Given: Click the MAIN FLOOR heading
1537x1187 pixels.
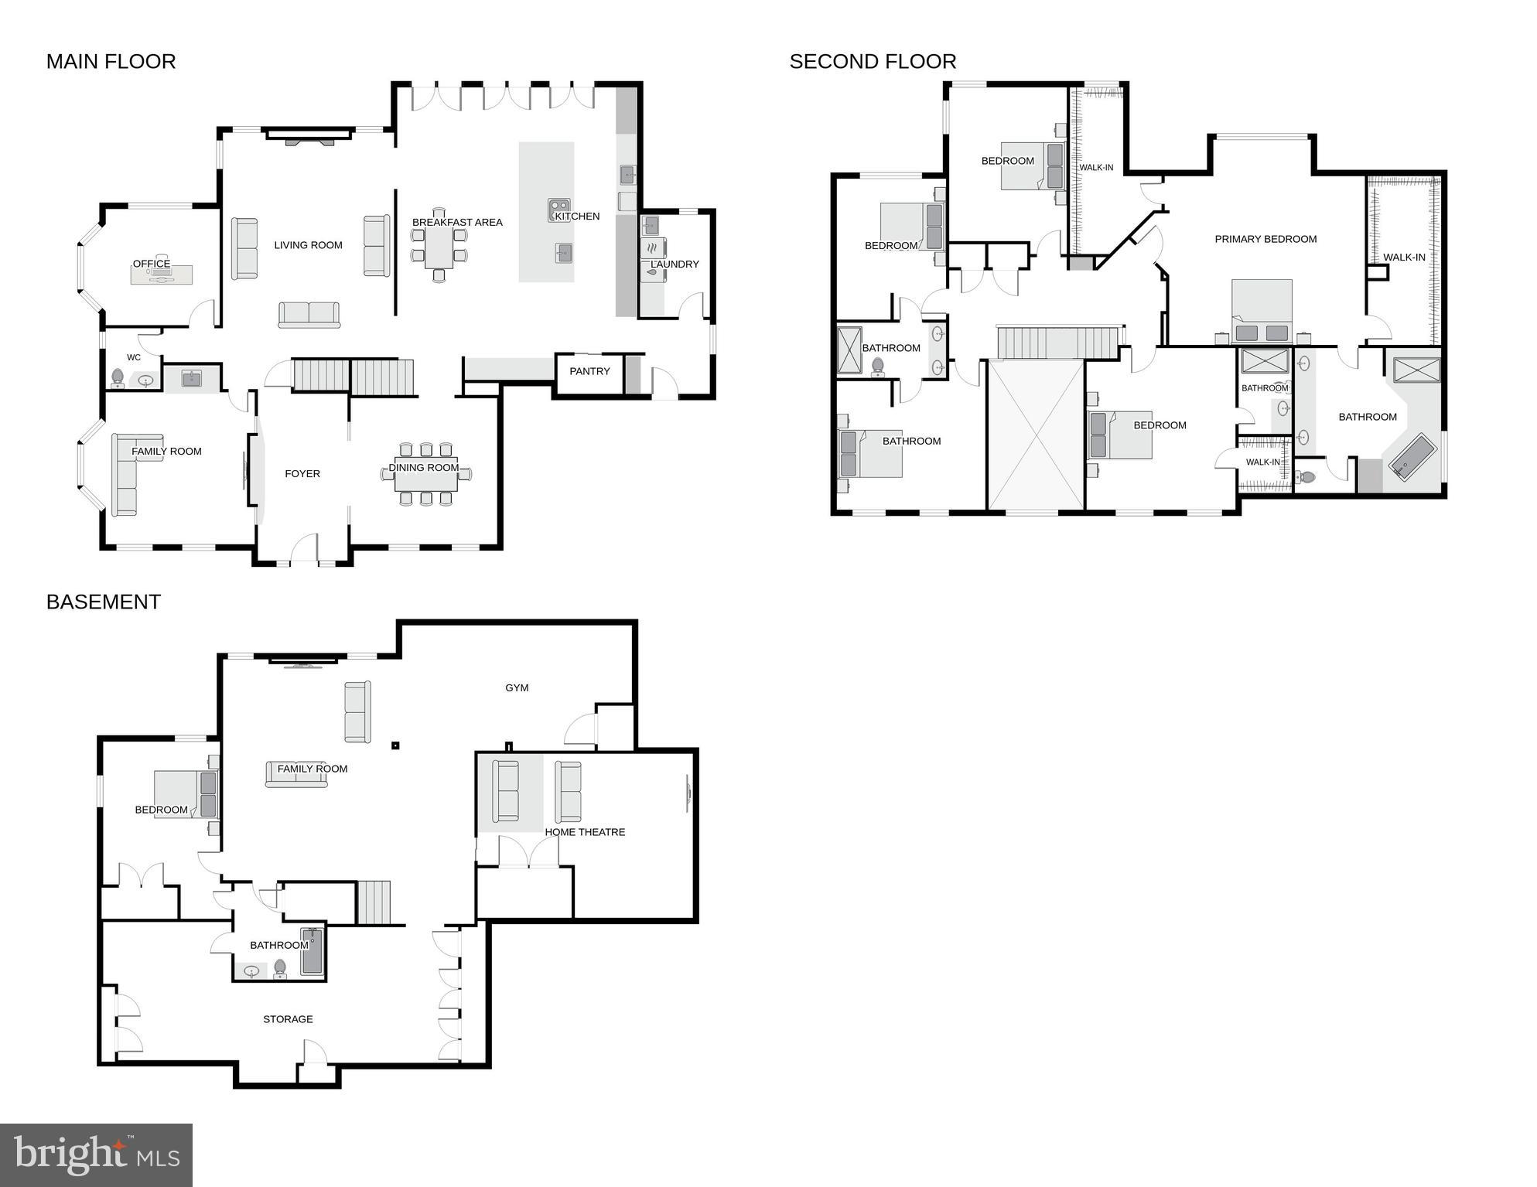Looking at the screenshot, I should click(111, 61).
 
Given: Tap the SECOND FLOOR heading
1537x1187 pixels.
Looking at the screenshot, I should click(873, 61).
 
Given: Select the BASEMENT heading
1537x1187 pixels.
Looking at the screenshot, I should click(103, 602).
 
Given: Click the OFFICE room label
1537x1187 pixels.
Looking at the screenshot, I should click(152, 264).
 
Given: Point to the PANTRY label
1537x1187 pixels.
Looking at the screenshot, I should click(589, 371).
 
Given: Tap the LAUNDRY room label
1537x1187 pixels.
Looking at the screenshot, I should click(675, 264).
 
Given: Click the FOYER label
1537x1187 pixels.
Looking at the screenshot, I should click(302, 473).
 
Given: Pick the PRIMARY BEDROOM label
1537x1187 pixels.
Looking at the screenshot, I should click(1265, 239).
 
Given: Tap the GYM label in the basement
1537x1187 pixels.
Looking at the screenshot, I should click(517, 687).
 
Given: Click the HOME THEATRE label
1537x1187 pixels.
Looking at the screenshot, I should click(585, 832).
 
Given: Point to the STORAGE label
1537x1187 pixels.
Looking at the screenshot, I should click(288, 1019).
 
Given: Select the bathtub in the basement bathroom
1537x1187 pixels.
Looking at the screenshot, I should click(312, 951).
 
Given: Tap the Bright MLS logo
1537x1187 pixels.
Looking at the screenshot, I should click(96, 1155).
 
